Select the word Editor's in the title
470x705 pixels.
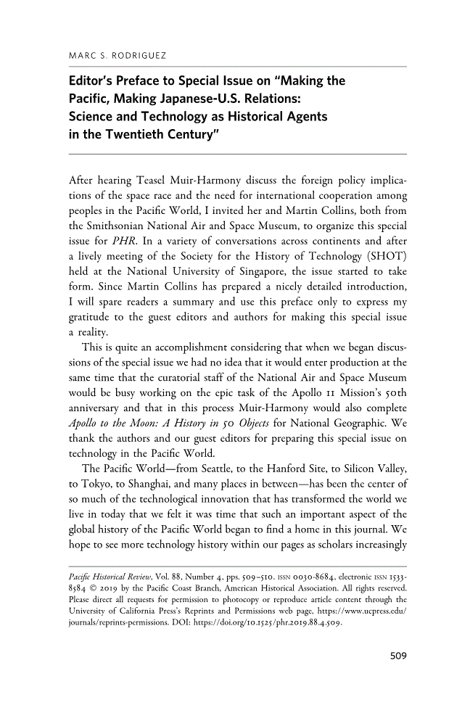tap(93, 81)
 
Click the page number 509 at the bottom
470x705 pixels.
tap(396, 656)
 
